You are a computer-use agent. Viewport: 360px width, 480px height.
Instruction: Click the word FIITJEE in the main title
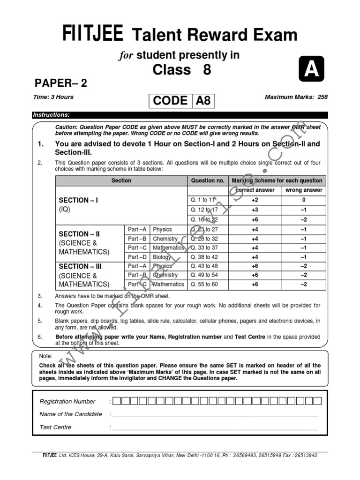click(x=93, y=35)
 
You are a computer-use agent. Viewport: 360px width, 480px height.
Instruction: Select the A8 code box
click(x=203, y=101)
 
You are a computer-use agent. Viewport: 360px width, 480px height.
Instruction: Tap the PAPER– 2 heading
click(x=61, y=83)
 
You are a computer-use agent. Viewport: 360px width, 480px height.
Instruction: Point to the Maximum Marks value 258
click(x=322, y=97)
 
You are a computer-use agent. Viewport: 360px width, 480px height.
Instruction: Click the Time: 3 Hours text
click(x=53, y=97)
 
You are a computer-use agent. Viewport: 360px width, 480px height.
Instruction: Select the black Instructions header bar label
click(x=51, y=115)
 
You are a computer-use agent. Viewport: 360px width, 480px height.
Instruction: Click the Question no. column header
click(x=208, y=180)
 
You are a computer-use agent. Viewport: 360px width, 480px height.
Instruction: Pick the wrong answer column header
click(x=304, y=190)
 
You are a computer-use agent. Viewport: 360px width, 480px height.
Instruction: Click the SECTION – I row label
click(x=78, y=200)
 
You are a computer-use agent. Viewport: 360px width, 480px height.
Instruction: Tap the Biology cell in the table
click(x=162, y=257)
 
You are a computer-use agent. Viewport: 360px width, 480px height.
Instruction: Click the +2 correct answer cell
click(x=255, y=200)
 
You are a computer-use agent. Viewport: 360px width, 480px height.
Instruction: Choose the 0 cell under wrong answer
click(x=304, y=200)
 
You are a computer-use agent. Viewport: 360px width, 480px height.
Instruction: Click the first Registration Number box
click(x=117, y=401)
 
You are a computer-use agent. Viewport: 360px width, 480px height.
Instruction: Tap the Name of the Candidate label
click(x=71, y=414)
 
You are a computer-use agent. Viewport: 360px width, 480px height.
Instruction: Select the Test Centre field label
click(x=56, y=427)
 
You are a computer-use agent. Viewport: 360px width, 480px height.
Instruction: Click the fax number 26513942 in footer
click(x=303, y=455)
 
